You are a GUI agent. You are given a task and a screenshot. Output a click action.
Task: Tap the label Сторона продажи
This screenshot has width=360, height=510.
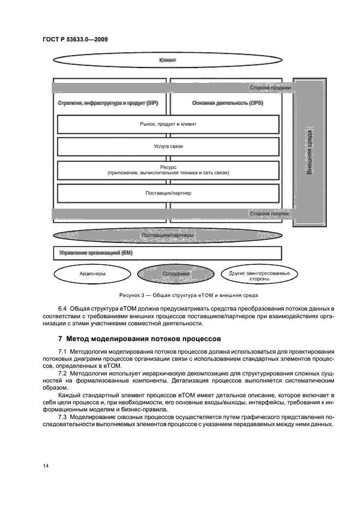pos(270,87)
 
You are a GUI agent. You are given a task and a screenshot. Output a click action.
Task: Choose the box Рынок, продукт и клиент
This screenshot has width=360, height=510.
pos(168,124)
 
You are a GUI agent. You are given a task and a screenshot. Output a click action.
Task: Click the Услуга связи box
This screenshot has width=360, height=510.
pos(168,147)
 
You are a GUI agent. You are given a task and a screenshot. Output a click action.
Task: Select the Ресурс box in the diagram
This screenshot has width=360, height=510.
pos(168,169)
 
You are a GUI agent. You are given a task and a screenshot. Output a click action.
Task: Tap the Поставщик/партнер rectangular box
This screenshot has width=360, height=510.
pos(168,193)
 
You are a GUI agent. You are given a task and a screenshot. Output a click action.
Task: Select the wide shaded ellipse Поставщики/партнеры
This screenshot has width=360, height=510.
pos(168,235)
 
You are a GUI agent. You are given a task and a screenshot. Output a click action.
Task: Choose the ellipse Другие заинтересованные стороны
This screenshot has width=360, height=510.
pos(259,275)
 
